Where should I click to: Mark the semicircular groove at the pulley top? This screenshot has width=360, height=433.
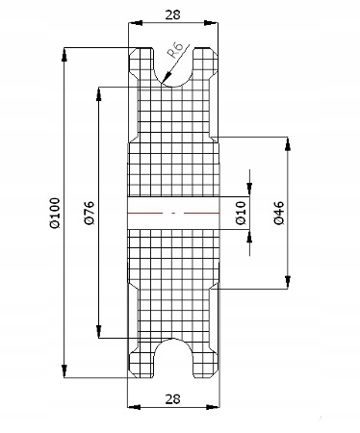[x=173, y=67]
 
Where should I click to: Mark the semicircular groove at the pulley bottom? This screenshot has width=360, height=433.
[x=173, y=358]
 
